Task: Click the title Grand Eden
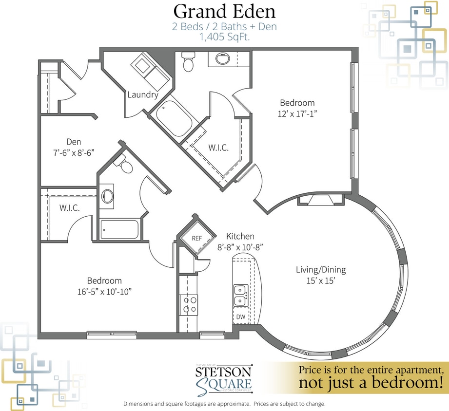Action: (224, 11)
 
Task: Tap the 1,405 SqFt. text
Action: (224, 37)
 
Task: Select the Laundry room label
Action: (142, 94)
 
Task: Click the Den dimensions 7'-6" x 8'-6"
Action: (74, 152)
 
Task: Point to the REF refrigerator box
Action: (196, 238)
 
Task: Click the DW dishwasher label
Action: (241, 317)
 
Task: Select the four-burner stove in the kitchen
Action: (189, 304)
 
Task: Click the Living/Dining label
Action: (321, 270)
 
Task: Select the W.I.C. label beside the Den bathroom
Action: (70, 208)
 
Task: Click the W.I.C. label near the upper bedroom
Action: (218, 148)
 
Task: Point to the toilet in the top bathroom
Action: (187, 62)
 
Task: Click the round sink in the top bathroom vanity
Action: (222, 59)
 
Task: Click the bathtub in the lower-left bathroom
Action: (119, 229)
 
